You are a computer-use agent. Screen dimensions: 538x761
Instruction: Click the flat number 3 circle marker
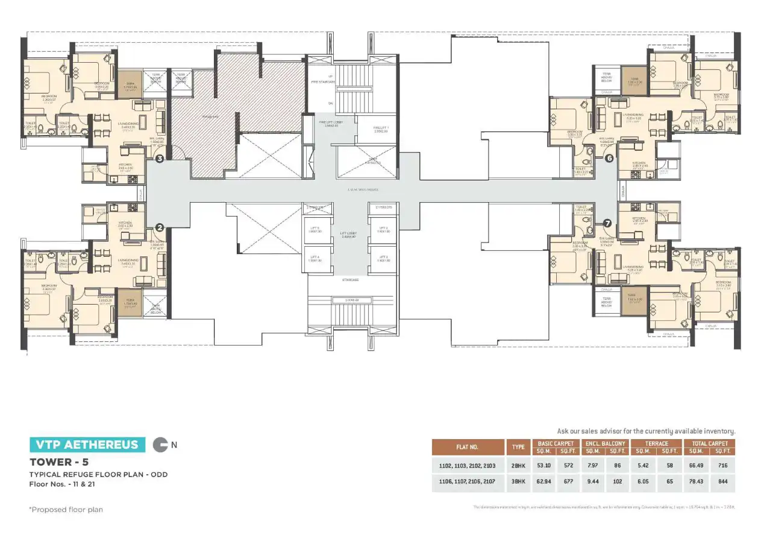160,159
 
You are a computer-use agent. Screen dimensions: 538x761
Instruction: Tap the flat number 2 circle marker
160,227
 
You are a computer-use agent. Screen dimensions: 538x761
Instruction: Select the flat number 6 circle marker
609,158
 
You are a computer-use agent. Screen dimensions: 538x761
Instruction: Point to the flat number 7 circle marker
607,223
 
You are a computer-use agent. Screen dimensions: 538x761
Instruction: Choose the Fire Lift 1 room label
381,129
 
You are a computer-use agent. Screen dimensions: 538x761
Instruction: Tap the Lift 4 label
315,259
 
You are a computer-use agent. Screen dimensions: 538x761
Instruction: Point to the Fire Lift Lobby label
329,123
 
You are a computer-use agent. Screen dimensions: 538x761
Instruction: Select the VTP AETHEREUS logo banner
87,445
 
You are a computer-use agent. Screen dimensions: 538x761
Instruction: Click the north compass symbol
160,445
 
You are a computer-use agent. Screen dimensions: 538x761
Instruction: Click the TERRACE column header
656,443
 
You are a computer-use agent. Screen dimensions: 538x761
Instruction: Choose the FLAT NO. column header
467,447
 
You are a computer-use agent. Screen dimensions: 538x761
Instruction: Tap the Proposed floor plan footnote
66,510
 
